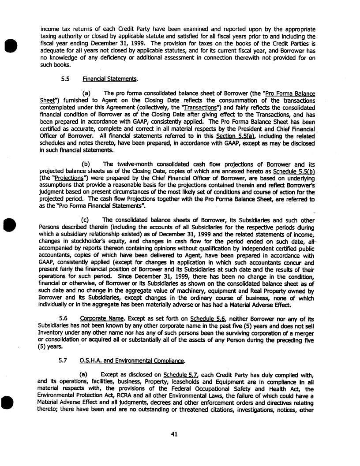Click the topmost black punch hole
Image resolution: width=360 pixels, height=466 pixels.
point(8,23)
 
